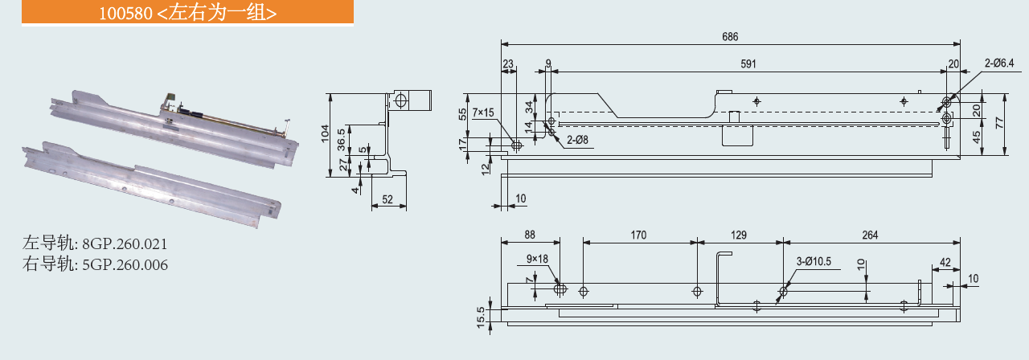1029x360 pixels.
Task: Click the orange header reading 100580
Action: coord(177,14)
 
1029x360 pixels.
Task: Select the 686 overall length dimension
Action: coord(729,36)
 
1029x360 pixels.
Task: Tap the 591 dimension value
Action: coord(748,63)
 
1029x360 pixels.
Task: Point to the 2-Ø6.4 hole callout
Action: coord(1001,63)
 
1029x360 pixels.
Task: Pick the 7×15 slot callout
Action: coord(484,112)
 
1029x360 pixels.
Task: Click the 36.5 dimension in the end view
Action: coord(342,138)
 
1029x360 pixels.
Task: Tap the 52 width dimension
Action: coord(387,200)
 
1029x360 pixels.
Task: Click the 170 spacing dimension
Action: coord(638,235)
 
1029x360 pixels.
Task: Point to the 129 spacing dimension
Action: coord(740,235)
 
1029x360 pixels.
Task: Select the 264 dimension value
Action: coord(870,235)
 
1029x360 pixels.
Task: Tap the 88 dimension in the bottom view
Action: coord(530,235)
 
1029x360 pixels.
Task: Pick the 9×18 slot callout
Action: coord(537,259)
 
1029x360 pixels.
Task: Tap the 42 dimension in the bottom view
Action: coord(945,262)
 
